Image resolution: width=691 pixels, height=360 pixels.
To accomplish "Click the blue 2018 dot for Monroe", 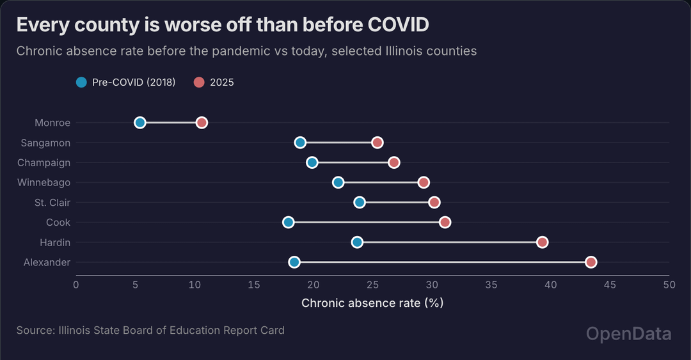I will pos(140,123).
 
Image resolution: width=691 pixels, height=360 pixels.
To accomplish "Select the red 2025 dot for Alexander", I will pos(591,262).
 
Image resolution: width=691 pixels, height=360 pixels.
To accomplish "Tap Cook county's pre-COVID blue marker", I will pos(289,223).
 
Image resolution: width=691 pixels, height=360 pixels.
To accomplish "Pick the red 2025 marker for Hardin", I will pos(543,242).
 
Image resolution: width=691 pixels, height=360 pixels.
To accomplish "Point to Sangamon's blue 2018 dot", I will pos(300,143).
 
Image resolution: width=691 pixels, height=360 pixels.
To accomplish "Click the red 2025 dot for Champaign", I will pos(394,162).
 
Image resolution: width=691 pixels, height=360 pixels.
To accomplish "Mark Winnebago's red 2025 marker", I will pos(424,183).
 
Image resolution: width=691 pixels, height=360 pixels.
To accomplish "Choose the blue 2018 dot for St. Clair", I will pos(360,203).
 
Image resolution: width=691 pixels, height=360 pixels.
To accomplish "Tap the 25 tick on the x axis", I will pos(372,285).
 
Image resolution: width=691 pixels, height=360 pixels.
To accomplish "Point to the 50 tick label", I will pos(669,285).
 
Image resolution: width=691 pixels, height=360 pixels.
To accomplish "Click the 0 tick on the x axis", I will pos(76,285).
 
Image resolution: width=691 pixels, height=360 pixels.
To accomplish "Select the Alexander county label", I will pos(47,262).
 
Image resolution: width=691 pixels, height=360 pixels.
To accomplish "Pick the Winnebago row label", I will pos(44,183).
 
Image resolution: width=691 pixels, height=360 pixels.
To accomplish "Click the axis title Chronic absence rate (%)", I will pos(372,302).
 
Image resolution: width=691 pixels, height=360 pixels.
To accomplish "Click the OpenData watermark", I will pos(629,333).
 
